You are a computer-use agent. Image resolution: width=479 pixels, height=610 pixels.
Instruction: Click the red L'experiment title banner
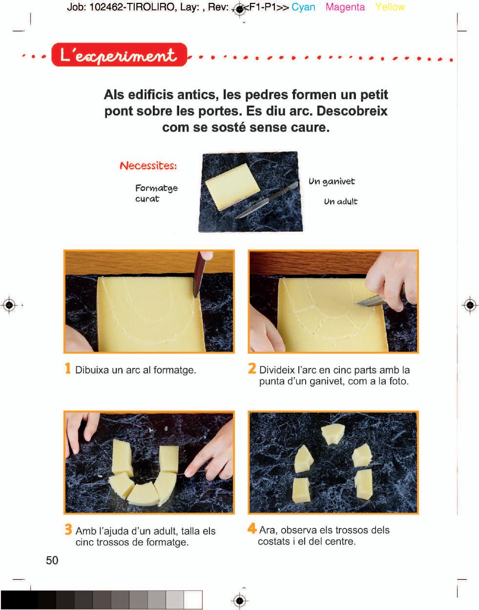click(x=119, y=55)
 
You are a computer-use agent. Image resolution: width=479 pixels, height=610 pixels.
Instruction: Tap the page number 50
click(x=52, y=560)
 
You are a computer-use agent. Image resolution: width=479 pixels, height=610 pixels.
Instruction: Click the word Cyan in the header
click(x=303, y=7)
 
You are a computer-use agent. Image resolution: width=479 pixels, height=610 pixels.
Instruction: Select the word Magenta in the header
click(x=345, y=7)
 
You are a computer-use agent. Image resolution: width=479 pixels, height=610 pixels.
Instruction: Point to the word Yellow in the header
click(x=390, y=7)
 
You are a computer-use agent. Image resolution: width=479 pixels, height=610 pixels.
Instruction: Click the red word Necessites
click(x=148, y=166)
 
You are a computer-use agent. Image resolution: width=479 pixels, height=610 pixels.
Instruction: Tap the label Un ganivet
click(x=332, y=182)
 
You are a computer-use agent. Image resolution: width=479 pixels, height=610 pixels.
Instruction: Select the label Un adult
click(x=340, y=201)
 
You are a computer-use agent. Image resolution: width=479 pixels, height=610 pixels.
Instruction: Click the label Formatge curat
click(x=156, y=193)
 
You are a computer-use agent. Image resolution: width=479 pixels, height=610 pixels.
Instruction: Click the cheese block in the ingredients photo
click(x=232, y=187)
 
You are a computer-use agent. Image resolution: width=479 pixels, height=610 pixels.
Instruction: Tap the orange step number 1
click(x=67, y=369)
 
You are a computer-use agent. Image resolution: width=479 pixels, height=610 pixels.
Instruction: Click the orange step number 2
click(x=252, y=369)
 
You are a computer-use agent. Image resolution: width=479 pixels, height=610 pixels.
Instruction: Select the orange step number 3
click(x=68, y=529)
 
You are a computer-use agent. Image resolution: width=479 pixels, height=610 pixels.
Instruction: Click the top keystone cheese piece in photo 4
click(x=333, y=434)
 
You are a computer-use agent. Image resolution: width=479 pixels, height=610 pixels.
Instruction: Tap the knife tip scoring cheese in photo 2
click(x=359, y=303)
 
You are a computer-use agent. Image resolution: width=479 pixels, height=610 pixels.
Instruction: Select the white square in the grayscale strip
click(x=193, y=600)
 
